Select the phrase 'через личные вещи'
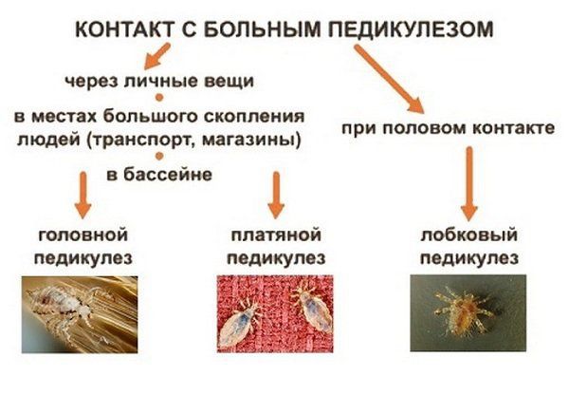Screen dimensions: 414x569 158,79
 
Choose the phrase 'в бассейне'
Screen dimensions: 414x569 158,174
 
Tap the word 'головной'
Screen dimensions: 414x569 83,235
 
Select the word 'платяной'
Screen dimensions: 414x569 275,235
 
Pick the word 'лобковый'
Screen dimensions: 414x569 468,235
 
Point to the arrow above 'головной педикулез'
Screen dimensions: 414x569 83,195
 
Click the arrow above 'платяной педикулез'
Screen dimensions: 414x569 276,193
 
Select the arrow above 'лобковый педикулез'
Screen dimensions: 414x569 468,180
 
